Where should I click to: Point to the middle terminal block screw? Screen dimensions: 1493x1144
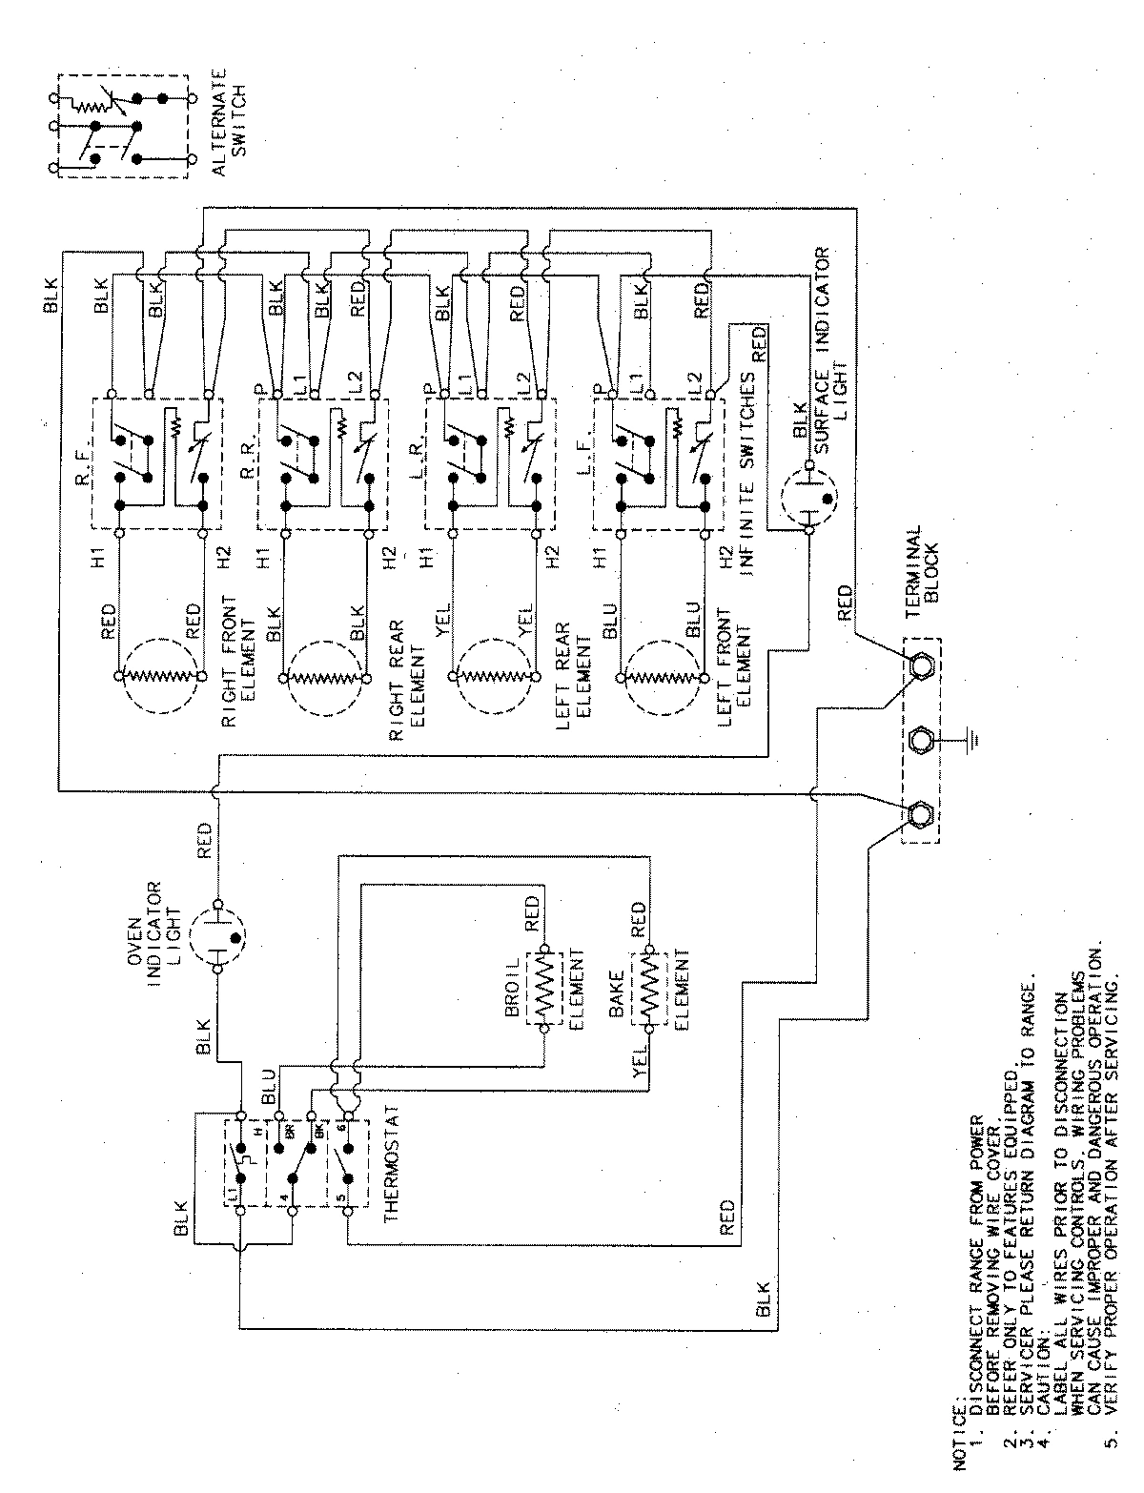coord(922,741)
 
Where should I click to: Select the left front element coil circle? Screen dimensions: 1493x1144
coord(662,676)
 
